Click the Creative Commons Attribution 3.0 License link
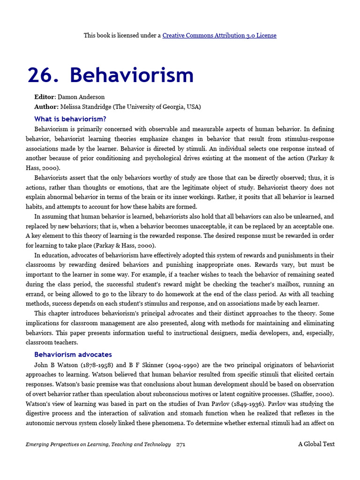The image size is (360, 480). (x=219, y=35)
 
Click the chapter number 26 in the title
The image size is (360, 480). (x=42, y=75)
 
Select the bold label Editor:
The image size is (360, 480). (x=45, y=97)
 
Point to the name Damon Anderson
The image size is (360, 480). (x=81, y=97)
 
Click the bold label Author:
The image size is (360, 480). (x=46, y=107)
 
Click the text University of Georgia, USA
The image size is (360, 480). (x=159, y=107)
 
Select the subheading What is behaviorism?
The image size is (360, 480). (x=70, y=119)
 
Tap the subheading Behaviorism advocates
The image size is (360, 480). (x=73, y=354)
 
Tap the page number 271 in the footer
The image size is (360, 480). (x=181, y=444)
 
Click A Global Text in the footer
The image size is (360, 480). (x=316, y=444)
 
